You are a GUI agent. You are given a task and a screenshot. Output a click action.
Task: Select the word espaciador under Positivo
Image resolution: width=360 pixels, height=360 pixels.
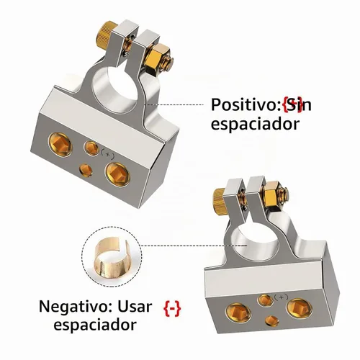click(255, 124)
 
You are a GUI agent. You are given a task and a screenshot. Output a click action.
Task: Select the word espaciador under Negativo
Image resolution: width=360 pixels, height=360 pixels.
click(95, 325)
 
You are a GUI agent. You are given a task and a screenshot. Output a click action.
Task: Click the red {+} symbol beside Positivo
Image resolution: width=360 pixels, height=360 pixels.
click(292, 104)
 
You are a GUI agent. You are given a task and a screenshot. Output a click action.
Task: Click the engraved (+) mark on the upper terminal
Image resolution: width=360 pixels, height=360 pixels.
click(107, 155)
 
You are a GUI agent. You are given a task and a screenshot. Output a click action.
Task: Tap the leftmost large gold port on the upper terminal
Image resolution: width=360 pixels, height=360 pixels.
click(60, 145)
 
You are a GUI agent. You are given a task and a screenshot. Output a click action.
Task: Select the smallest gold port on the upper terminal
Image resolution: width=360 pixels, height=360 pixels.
click(86, 170)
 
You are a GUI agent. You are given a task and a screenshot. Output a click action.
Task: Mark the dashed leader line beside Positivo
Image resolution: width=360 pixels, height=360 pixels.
click(175, 104)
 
